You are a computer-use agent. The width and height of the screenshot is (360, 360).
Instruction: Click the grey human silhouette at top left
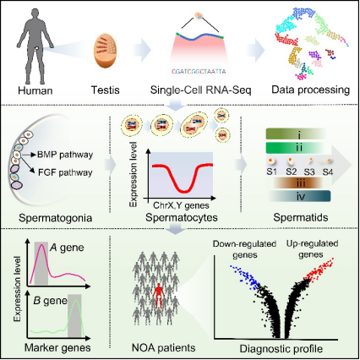pos(35,46)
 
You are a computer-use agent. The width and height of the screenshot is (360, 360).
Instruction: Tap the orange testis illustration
pos(106,51)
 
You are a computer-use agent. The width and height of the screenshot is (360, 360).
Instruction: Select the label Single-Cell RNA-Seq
pos(200,90)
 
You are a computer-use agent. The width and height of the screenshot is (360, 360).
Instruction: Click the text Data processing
pos(310,90)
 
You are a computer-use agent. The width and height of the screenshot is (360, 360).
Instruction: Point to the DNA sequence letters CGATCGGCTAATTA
pos(199,72)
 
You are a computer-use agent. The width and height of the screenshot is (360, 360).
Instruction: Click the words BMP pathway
pos(65,155)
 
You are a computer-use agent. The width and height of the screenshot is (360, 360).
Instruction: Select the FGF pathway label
pos(65,172)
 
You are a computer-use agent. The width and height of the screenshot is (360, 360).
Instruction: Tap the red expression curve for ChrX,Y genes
pos(183,176)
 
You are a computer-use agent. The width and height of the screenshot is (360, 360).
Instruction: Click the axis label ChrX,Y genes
pos(181,205)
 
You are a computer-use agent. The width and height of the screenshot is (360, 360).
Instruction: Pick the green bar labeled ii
pos(296,148)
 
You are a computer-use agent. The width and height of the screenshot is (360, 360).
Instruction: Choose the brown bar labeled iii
pos(298,183)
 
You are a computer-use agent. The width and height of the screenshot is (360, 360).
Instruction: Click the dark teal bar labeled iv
pos(300,196)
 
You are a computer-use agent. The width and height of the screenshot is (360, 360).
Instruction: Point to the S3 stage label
pos(309,172)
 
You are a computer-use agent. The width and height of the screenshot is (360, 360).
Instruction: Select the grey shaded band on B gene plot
pos(74,315)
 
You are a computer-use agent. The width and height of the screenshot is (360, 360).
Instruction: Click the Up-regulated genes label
pos(312,249)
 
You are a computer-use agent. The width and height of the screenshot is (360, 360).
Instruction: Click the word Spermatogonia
pos(56,218)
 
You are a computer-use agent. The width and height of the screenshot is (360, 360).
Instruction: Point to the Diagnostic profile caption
pos(281,349)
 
